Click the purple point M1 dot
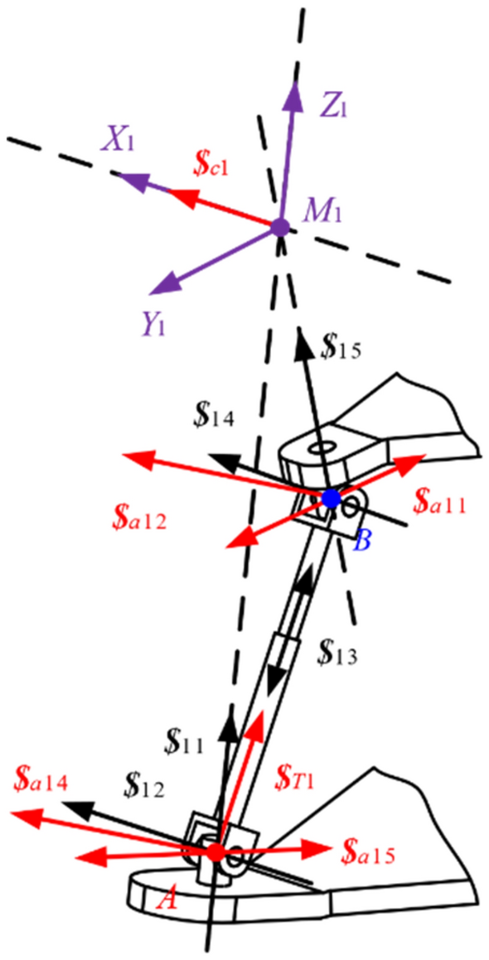(280, 227)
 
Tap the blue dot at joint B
(331, 498)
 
